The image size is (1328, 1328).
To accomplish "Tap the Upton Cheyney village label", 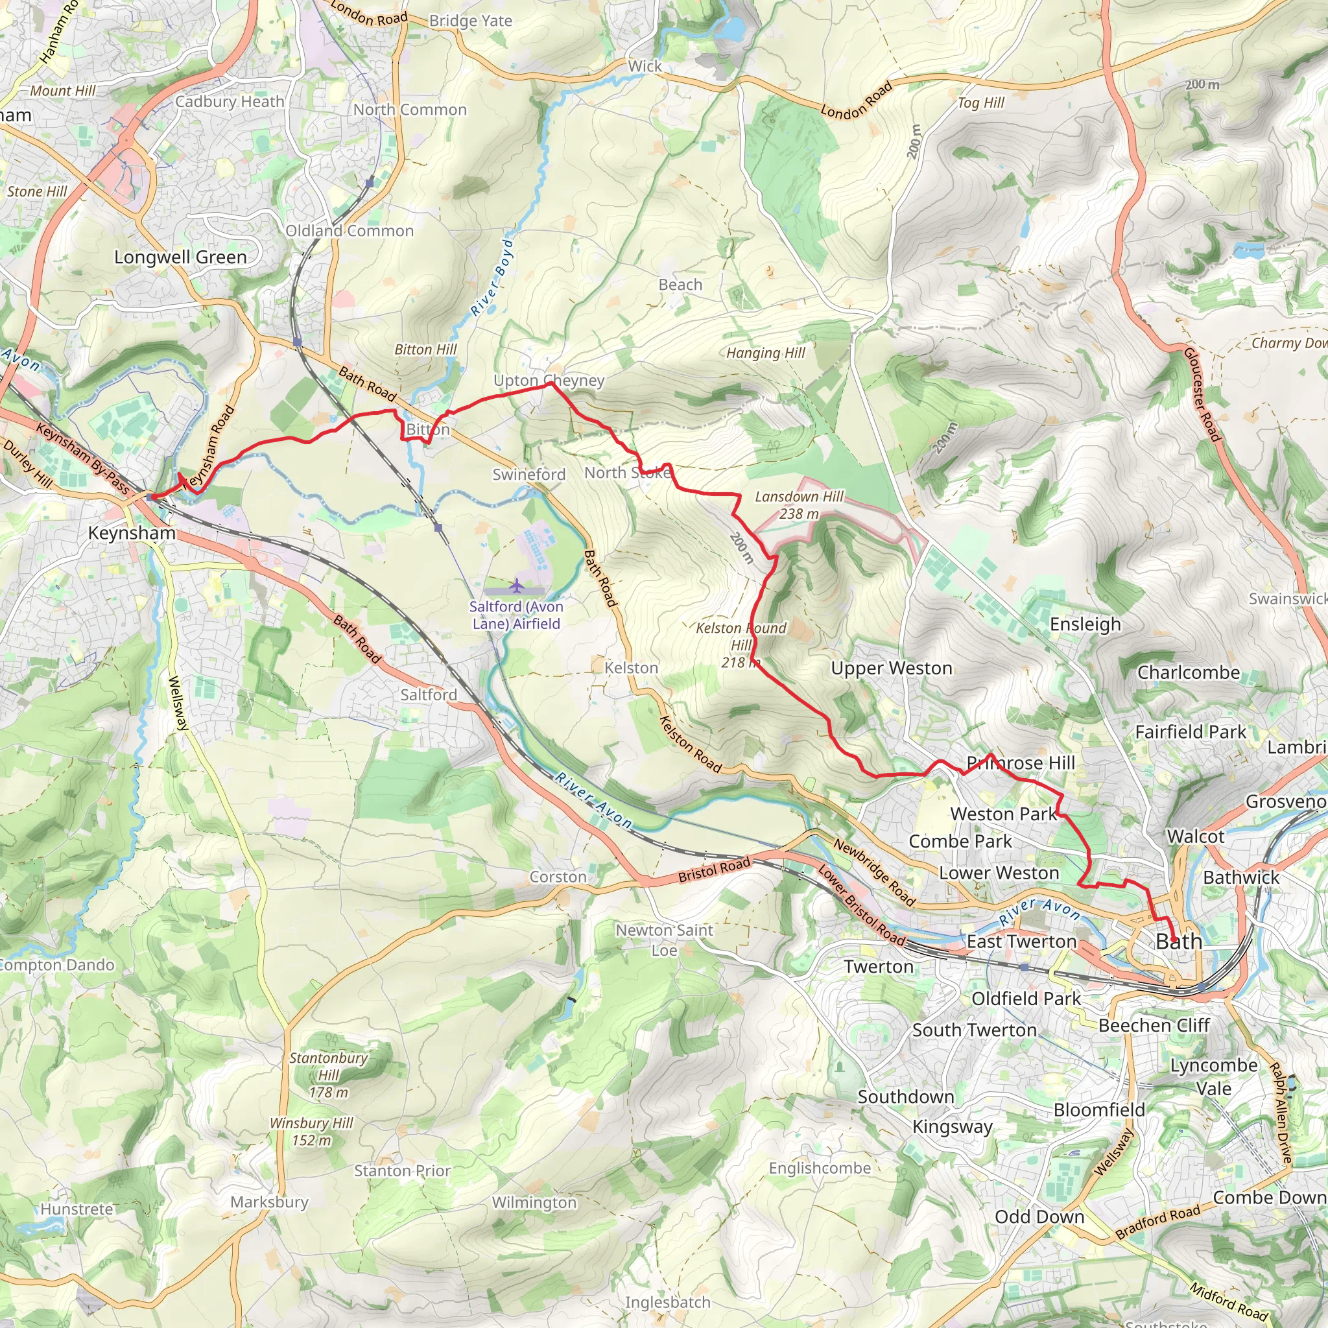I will tap(549, 380).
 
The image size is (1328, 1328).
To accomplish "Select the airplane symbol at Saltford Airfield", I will tap(516, 586).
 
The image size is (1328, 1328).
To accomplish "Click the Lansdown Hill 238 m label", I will tap(799, 504).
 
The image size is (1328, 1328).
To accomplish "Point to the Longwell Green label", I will tap(180, 257).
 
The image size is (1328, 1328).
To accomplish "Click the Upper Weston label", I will tap(891, 667).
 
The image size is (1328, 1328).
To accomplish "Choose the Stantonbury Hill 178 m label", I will tap(328, 1074).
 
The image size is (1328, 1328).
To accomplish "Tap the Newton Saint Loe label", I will tap(664, 939).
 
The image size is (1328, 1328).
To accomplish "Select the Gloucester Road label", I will tap(1202, 396).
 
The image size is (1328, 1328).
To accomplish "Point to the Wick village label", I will tap(645, 66).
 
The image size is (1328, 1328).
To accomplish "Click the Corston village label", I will tap(558, 877).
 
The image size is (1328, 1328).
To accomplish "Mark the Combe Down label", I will tap(1268, 1198).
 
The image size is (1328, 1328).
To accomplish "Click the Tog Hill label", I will tap(981, 102).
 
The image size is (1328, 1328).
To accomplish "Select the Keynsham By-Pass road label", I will tap(82, 459).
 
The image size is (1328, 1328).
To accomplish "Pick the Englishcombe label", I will tap(820, 1168).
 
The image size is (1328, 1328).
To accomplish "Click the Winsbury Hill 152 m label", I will tap(311, 1132).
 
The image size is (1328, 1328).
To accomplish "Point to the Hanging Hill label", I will tap(766, 353).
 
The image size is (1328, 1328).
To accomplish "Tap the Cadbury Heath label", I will tap(230, 101).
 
